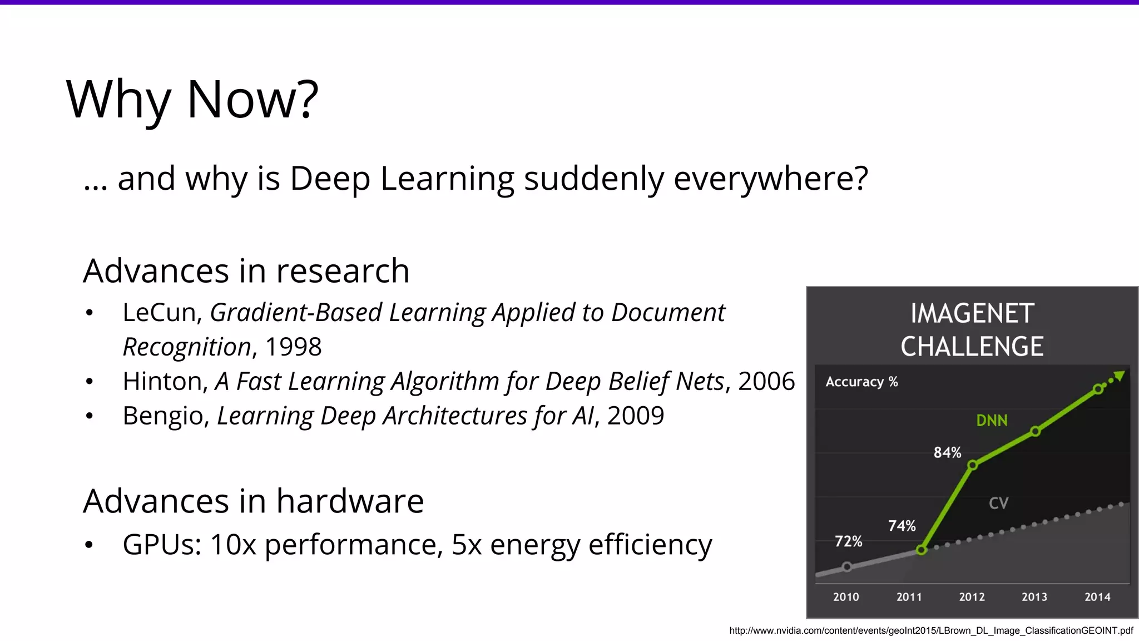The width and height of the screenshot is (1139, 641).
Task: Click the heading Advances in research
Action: [x=246, y=271]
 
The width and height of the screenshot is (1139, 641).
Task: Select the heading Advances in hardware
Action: [x=253, y=501]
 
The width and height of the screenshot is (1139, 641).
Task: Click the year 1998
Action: [x=293, y=347]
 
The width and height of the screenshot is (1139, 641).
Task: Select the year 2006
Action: [x=766, y=382]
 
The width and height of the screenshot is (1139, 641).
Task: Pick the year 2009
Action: [x=636, y=416]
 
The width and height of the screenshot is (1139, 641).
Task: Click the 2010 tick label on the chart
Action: [x=846, y=597]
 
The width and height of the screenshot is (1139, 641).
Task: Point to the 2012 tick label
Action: [x=972, y=597]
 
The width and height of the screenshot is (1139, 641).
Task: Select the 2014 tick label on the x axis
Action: [x=1097, y=597]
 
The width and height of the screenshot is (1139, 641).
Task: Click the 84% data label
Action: [x=947, y=452]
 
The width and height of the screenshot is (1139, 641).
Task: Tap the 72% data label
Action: [x=848, y=541]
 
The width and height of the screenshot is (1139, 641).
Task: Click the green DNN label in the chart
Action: [x=992, y=421]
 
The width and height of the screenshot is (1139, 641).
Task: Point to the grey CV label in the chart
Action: [x=998, y=503]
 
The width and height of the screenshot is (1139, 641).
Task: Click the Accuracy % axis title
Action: [x=861, y=382]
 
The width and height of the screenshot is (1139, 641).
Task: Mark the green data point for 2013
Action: [x=1035, y=431]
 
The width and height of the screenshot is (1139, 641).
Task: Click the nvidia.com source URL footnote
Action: [x=930, y=630]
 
